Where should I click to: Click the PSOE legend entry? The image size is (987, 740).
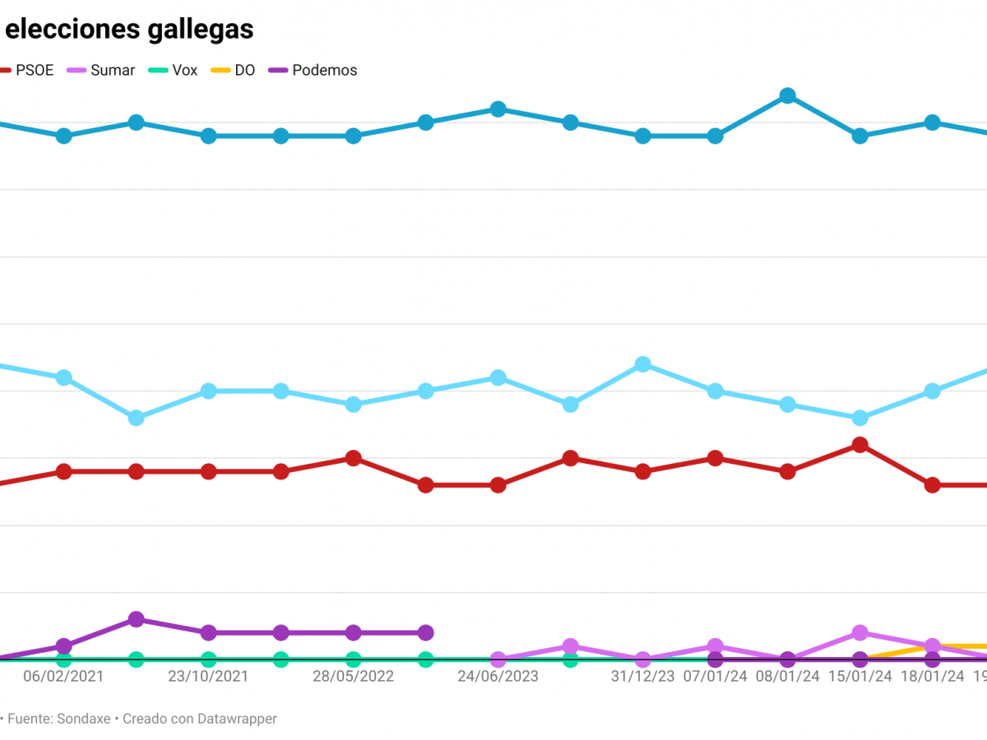[34, 71]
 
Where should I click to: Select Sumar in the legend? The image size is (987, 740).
[112, 71]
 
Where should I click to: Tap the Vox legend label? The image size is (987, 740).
[184, 71]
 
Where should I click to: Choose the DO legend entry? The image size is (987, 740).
[244, 71]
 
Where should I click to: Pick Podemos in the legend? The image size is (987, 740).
[324, 71]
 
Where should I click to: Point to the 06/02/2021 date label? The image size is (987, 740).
[63, 677]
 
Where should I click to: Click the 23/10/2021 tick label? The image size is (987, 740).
[208, 677]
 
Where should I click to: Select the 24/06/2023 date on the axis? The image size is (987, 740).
[498, 677]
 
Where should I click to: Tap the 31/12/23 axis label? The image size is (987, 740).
[642, 677]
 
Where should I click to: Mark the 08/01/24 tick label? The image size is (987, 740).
[787, 677]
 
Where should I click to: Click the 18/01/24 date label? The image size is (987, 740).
[932, 677]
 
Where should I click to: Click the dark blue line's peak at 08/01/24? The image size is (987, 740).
[787, 96]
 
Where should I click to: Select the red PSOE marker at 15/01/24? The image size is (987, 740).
[860, 445]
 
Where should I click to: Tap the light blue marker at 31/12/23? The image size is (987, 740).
[642, 364]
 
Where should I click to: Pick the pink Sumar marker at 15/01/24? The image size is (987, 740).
[860, 633]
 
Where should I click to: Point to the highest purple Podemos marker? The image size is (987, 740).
[137, 619]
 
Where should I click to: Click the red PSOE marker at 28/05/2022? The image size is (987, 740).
[353, 458]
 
